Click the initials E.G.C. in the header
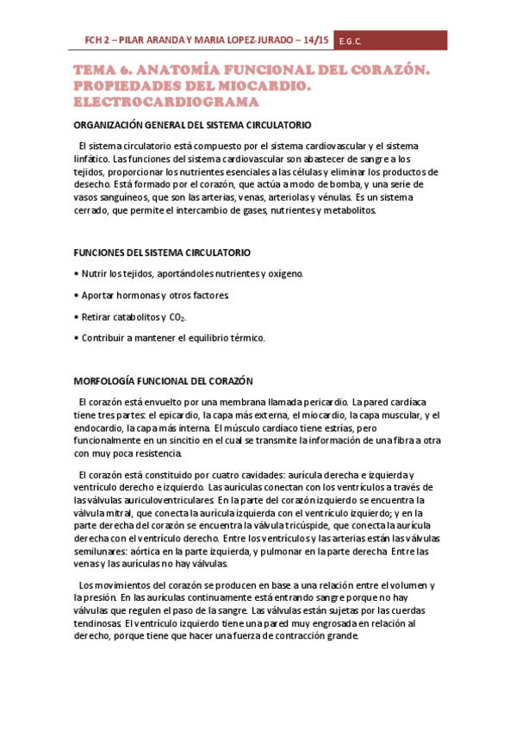[350, 41]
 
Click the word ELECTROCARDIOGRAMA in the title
[160, 103]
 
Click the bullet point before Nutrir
[78, 274]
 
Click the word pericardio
[322, 402]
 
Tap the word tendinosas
[98, 624]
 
